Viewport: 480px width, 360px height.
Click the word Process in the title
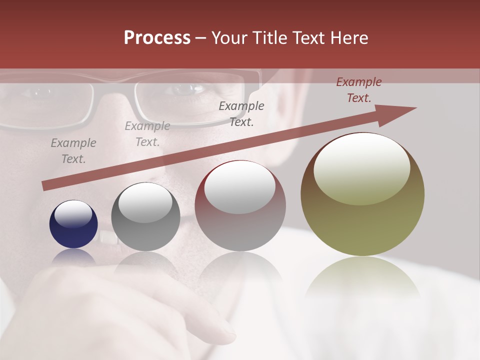coord(157,38)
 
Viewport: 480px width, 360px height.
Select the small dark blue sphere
coord(73,224)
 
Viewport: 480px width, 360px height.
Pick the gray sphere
coord(145,217)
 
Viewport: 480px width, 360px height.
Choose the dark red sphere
coord(240,206)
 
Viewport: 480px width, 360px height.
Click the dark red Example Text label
coord(358,90)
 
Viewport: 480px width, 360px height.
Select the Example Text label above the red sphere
coord(241,113)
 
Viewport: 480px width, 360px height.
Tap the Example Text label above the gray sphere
coord(147,134)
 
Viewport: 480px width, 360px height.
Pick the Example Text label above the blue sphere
coord(73,151)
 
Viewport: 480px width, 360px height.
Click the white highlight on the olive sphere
coord(361,169)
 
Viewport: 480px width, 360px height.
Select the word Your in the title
coord(229,38)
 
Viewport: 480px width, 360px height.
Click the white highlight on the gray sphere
coord(145,202)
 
